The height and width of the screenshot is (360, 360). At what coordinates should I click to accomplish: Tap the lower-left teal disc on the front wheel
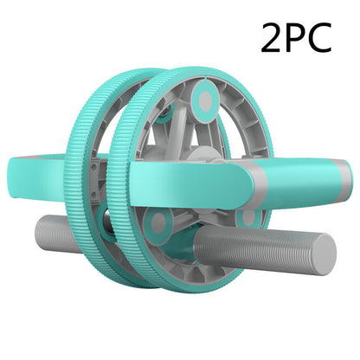(x=157, y=223)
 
